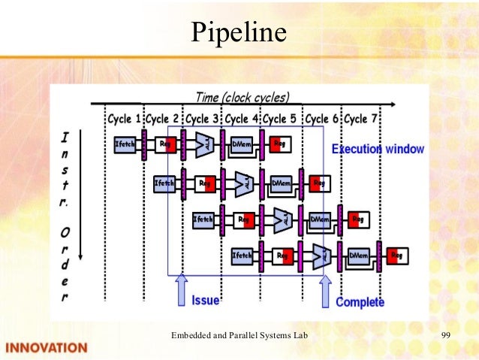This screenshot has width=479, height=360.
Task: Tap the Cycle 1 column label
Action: [x=124, y=119]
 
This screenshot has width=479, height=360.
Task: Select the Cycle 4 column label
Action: [x=242, y=119]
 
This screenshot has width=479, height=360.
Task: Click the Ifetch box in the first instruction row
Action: [x=125, y=144]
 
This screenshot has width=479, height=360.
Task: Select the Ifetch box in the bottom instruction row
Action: [x=242, y=256]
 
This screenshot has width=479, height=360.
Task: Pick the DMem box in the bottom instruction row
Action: [x=359, y=256]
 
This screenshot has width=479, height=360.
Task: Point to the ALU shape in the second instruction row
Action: [x=243, y=182]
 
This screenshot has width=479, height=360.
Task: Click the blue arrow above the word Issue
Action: [x=181, y=289]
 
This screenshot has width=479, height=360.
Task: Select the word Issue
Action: [x=205, y=301]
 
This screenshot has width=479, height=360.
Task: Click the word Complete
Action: [x=360, y=302]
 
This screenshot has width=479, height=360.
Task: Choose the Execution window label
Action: [x=378, y=149]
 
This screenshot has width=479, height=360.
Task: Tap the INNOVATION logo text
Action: [x=47, y=347]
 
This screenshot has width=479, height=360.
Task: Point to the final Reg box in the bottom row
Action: [x=396, y=256]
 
